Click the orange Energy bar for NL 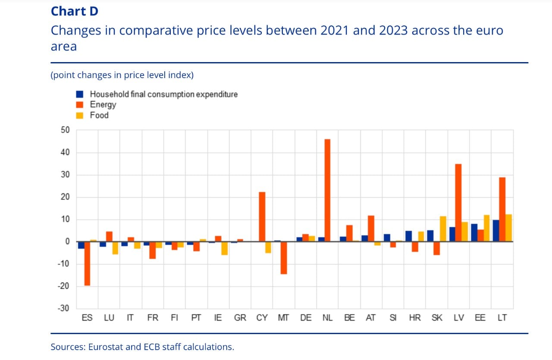click(x=327, y=190)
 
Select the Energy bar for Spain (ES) click(x=87, y=263)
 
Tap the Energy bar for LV click(x=458, y=203)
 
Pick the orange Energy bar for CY click(x=262, y=216)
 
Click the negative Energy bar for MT click(x=284, y=258)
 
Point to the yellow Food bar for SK click(x=443, y=229)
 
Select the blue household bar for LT click(x=496, y=231)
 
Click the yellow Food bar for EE click(x=486, y=228)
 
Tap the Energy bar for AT click(x=371, y=229)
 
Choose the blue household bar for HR click(x=408, y=236)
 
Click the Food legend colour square click(x=80, y=115)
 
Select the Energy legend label click(x=103, y=105)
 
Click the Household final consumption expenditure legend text click(x=164, y=94)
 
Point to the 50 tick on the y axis click(x=65, y=130)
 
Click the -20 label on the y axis click(x=63, y=286)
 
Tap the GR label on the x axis click(x=240, y=318)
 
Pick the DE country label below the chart click(x=306, y=318)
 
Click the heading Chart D click(x=75, y=11)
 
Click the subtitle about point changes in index click(x=122, y=75)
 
